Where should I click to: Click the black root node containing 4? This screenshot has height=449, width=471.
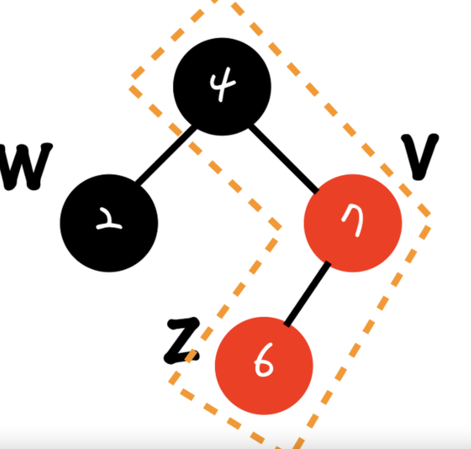(222, 87)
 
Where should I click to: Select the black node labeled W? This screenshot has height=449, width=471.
(109, 223)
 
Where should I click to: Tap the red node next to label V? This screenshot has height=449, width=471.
(353, 223)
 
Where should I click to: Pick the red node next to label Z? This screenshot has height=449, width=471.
(264, 365)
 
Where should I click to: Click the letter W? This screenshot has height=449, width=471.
(25, 166)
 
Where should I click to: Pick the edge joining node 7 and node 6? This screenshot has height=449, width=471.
(307, 295)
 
